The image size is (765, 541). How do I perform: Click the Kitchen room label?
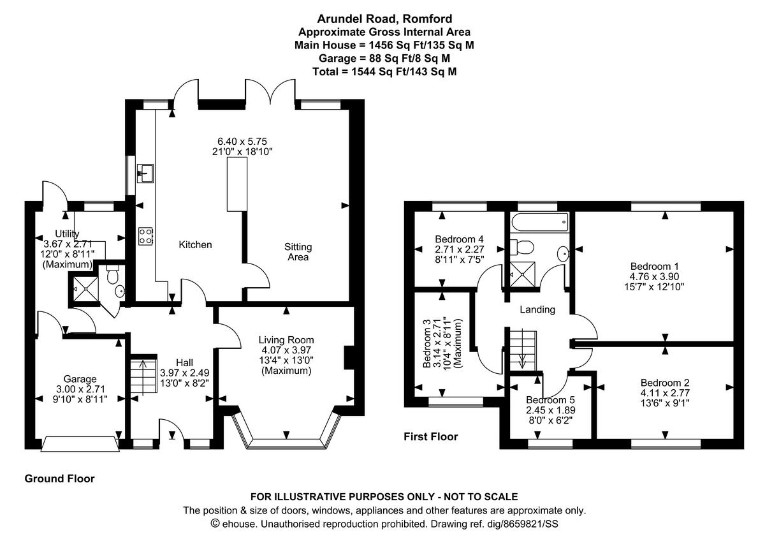195,245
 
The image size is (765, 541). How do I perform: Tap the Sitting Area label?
298,252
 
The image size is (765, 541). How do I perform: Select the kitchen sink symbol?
145,172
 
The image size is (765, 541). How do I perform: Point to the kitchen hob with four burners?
145,236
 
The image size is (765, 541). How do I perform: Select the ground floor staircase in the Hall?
143,376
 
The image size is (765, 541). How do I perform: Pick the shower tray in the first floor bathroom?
522,275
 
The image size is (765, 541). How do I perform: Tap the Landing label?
537,310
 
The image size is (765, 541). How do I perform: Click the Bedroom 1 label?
651,266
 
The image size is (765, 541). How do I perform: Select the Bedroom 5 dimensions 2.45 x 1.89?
550,411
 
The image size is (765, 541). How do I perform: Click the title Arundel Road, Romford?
384,20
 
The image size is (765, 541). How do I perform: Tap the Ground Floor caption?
59,478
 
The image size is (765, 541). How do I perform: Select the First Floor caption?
431,437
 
